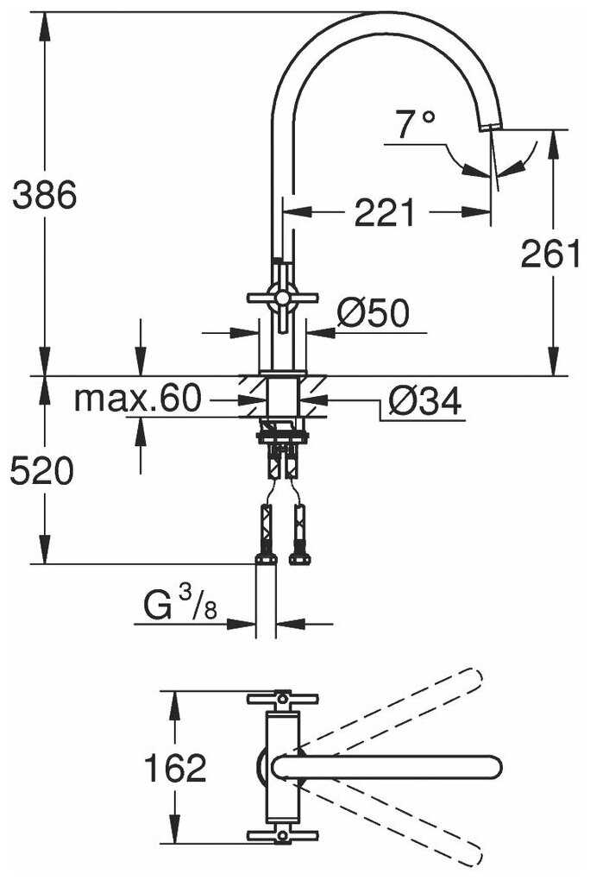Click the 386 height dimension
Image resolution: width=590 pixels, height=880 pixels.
pyautogui.click(x=44, y=197)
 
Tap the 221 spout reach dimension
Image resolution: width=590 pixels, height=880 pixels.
pyautogui.click(x=385, y=212)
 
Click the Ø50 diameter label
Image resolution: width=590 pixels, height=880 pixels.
pyautogui.click(x=372, y=313)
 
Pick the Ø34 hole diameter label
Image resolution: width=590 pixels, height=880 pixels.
pyautogui.click(x=424, y=400)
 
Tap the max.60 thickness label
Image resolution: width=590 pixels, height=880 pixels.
pyautogui.click(x=137, y=399)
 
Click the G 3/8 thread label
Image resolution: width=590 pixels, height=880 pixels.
pyautogui.click(x=180, y=607)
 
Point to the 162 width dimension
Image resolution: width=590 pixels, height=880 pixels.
pyautogui.click(x=175, y=767)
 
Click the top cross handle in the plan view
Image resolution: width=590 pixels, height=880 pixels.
pyautogui.click(x=282, y=697)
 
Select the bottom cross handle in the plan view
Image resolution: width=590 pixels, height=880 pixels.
pyautogui.click(x=282, y=835)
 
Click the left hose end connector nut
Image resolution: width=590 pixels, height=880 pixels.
pyautogui.click(x=266, y=557)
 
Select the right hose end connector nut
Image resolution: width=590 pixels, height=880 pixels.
pyautogui.click(x=299, y=557)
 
